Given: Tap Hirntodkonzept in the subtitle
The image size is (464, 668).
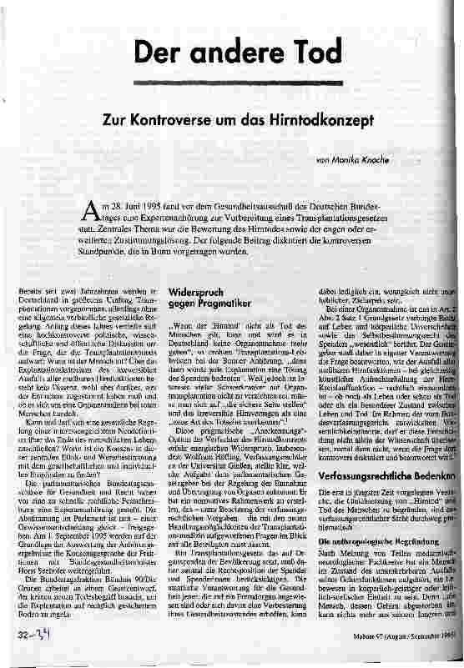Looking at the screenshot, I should click(x=317, y=120).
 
